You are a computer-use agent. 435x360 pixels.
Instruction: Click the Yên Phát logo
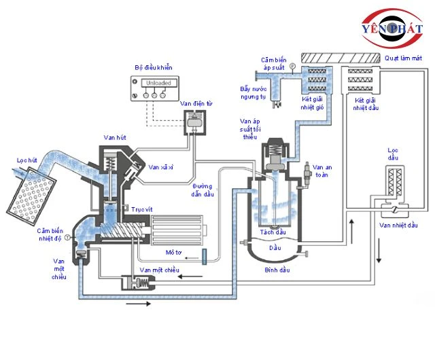point(392,28)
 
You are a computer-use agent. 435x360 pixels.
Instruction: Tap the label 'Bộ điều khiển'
point(154,68)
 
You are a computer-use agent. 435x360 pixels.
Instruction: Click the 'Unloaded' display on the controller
point(158,83)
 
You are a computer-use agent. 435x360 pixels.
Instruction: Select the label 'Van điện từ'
point(196,104)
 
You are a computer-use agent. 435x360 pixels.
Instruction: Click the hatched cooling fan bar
point(341,58)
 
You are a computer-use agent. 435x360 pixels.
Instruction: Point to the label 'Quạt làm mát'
point(403,58)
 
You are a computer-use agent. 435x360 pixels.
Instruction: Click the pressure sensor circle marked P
point(292,66)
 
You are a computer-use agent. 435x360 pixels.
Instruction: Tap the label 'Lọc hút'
point(27,160)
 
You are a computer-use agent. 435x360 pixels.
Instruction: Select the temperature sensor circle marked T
point(67,238)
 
